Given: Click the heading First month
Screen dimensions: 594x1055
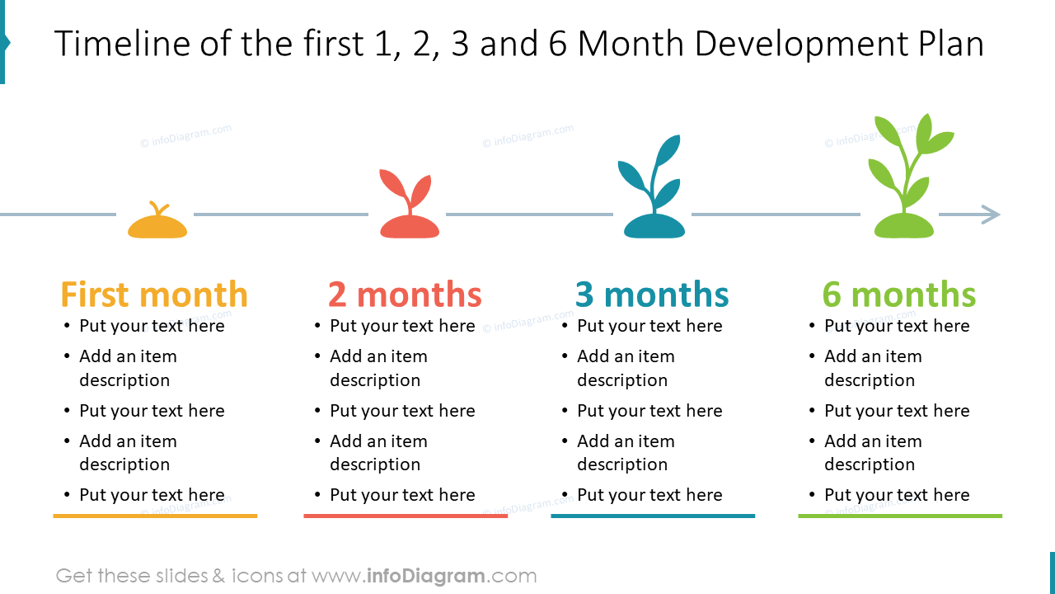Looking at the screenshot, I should click(154, 295).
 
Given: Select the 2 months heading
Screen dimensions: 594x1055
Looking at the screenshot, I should click(405, 295).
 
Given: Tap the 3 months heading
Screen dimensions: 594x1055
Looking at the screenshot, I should click(652, 295).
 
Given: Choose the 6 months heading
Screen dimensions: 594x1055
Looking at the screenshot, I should click(899, 295).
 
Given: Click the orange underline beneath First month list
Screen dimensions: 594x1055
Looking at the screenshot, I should click(155, 516).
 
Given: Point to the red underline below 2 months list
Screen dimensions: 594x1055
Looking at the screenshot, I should click(406, 516).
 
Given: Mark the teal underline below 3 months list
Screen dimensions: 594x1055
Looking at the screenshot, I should click(653, 516).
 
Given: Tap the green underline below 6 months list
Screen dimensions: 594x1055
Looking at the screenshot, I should click(900, 516).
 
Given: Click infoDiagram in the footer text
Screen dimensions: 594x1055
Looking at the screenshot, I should click(425, 576).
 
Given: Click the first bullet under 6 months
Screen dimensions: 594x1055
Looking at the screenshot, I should click(897, 326).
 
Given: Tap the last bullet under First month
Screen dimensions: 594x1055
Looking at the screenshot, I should click(152, 495).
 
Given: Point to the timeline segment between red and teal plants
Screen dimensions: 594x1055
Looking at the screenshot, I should click(529, 214).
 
